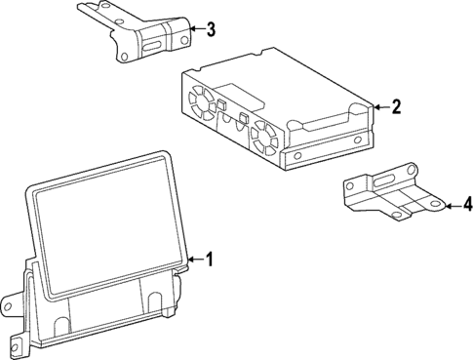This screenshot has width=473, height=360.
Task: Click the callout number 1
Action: click(208, 259)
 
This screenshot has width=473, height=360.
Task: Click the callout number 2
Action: click(395, 107)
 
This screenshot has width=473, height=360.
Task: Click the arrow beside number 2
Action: click(379, 107)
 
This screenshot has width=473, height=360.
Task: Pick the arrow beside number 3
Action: click(195, 28)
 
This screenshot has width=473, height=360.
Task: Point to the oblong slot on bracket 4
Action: click(383, 180)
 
